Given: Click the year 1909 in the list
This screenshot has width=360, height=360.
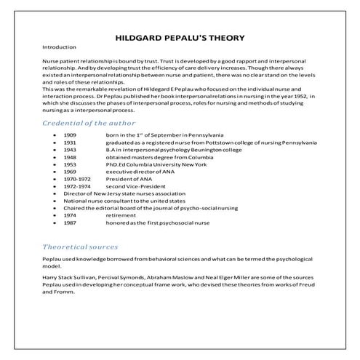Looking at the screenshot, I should (70, 135).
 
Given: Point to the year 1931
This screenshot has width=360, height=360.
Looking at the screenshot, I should (70, 143).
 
